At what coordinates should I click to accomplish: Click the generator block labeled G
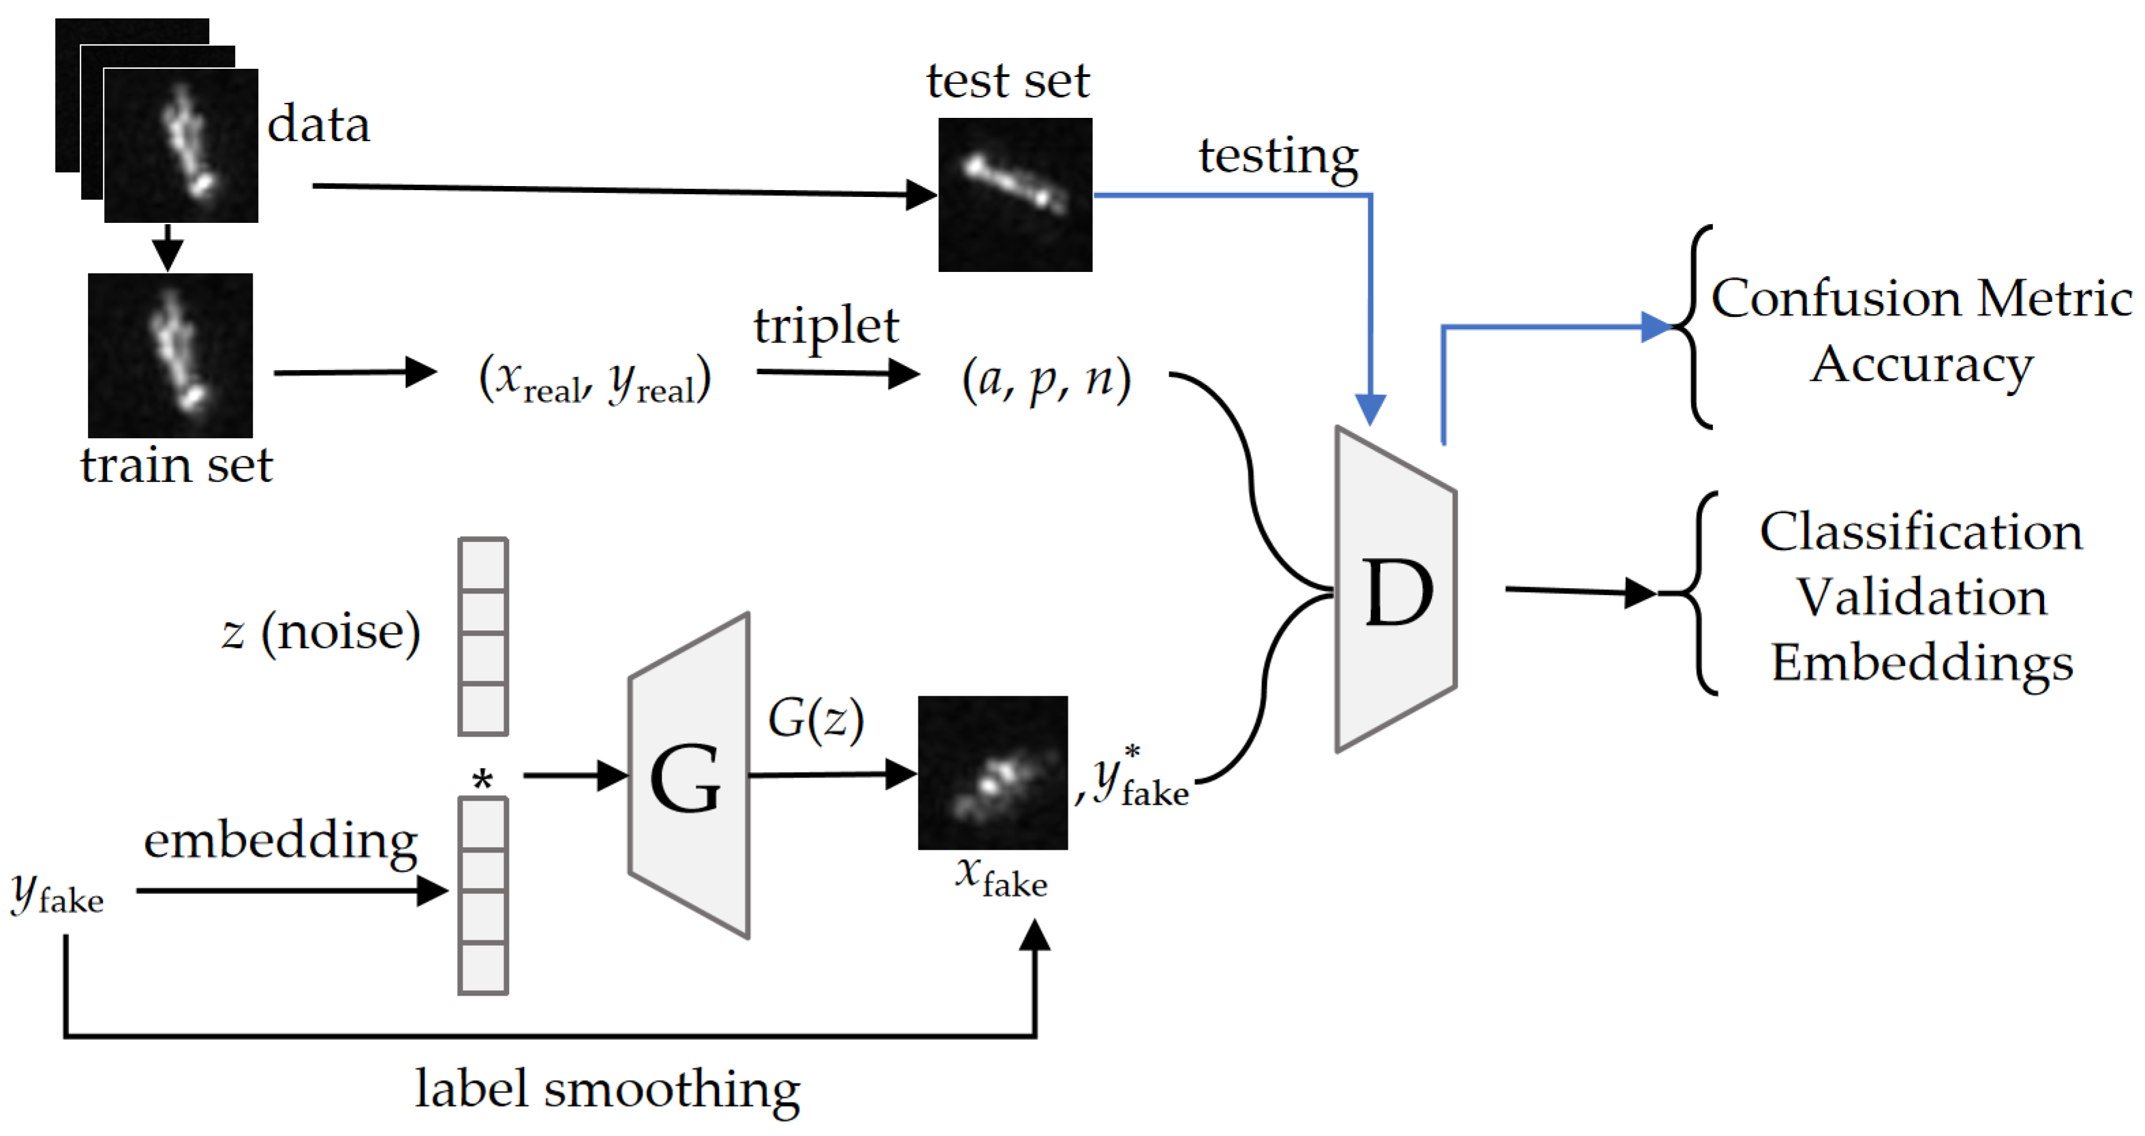click(x=688, y=776)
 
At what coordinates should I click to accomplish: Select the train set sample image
click(x=170, y=355)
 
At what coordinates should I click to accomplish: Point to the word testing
click(x=1278, y=157)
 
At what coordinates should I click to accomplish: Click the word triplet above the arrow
click(x=825, y=326)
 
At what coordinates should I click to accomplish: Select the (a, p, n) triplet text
click(x=1046, y=380)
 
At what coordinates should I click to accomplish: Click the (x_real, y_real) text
click(x=595, y=380)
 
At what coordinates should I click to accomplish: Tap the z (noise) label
click(x=320, y=632)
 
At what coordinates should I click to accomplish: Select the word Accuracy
click(x=1921, y=365)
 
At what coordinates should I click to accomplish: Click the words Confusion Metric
click(x=1921, y=298)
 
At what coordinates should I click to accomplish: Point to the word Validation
click(x=1921, y=597)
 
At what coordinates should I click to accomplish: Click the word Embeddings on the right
click(x=1921, y=663)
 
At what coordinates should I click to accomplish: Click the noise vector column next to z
click(x=483, y=636)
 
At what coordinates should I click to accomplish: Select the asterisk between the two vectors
click(x=482, y=780)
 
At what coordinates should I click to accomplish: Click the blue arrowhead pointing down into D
click(x=1370, y=409)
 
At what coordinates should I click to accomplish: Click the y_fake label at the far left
click(x=57, y=895)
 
